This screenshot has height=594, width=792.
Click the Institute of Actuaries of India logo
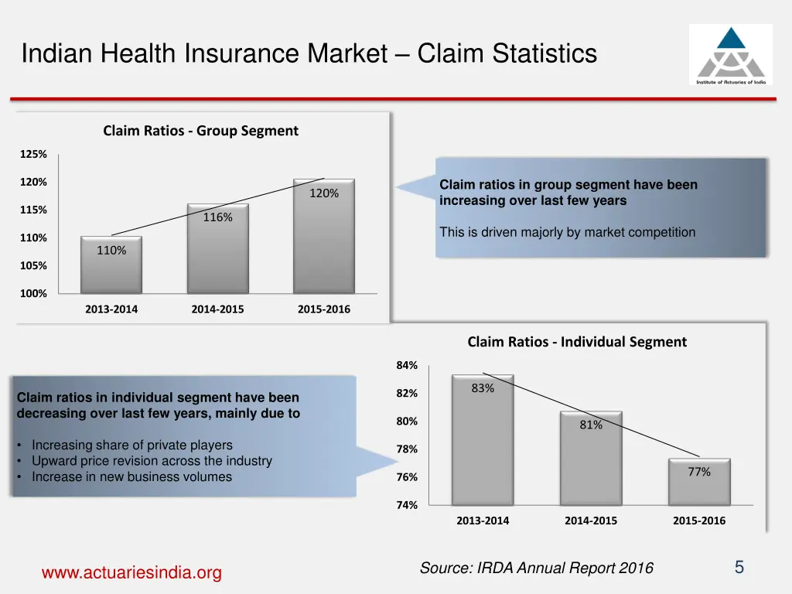(x=730, y=54)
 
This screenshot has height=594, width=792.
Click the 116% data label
(x=218, y=217)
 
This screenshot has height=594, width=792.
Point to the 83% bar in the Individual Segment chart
(x=483, y=440)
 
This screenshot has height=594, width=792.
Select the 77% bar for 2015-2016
(x=699, y=483)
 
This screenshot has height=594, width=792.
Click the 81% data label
(x=591, y=425)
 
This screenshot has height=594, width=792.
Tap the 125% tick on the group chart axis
(x=33, y=154)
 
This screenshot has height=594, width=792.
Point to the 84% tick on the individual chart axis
(x=407, y=365)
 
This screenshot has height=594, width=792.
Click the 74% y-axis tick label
(x=407, y=505)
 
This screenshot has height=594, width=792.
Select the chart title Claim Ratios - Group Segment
(x=200, y=131)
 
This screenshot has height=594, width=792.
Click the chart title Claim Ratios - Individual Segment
(x=577, y=342)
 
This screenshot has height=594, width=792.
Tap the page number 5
(x=739, y=568)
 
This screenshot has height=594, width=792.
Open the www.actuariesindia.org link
(x=131, y=573)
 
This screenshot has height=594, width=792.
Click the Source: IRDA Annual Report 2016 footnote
(x=536, y=568)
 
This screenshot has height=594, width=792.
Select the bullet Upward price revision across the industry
(x=152, y=461)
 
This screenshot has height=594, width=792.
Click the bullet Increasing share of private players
(x=131, y=445)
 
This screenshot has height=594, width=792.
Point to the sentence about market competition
(x=567, y=232)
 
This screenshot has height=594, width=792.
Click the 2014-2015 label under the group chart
(x=217, y=309)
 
